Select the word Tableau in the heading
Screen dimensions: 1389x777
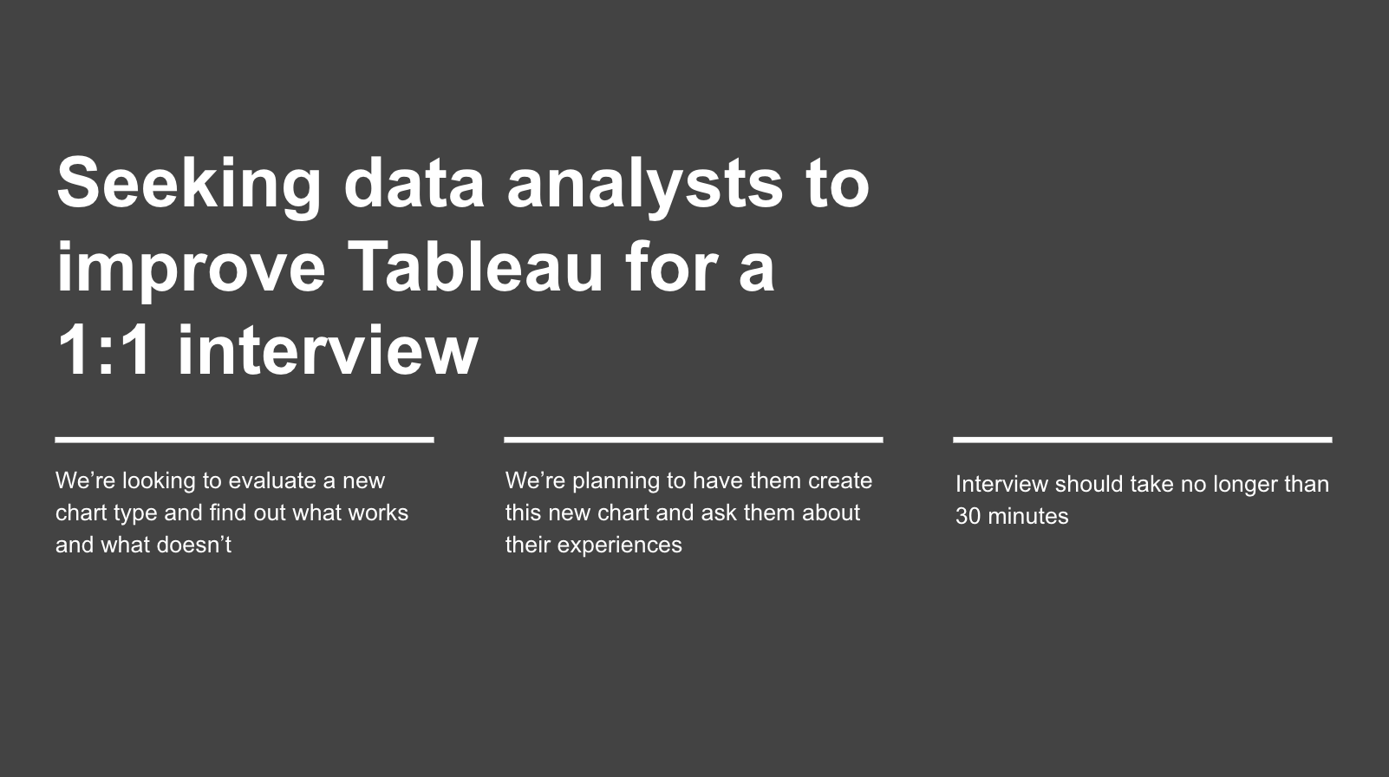pos(475,267)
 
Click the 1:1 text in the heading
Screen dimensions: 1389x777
pos(105,350)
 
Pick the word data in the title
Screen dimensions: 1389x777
pos(414,184)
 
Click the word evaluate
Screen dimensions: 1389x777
pos(272,480)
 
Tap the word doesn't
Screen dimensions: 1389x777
pos(194,545)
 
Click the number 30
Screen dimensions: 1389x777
pos(968,517)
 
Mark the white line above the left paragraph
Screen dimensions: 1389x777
pos(245,440)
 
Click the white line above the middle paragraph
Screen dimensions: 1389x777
pos(694,440)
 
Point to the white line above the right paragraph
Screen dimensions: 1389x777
pos(1142,440)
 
